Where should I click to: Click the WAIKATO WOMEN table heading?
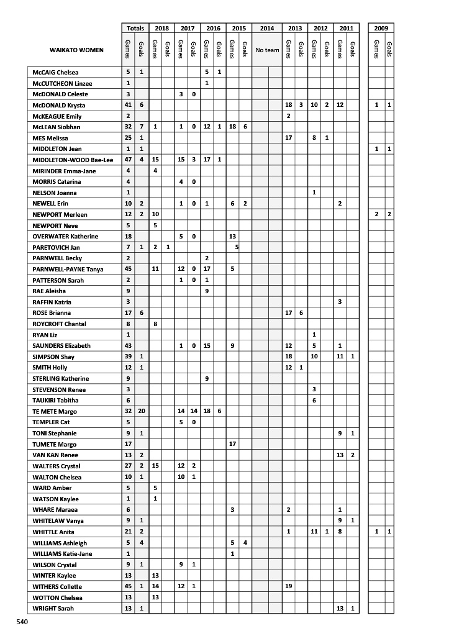click(x=77, y=50)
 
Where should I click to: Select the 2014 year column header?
click(x=267, y=29)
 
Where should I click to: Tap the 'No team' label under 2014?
click(x=267, y=50)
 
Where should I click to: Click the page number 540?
click(x=22, y=621)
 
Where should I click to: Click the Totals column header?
click(x=135, y=29)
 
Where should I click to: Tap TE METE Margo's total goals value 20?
click(x=142, y=411)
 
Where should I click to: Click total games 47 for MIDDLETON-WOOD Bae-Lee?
click(x=128, y=160)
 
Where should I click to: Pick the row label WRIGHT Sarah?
click(x=53, y=609)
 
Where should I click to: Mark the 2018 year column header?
click(x=161, y=29)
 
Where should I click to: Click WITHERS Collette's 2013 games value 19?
click(x=288, y=586)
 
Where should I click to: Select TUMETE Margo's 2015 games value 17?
click(x=232, y=444)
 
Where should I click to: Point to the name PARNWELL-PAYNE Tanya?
click(x=68, y=270)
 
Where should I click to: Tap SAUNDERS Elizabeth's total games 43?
click(x=128, y=345)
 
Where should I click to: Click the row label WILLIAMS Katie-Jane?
click(x=63, y=553)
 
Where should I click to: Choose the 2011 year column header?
click(x=347, y=29)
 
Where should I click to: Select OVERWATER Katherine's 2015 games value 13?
click(x=232, y=237)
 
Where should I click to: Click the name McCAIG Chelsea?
click(x=55, y=73)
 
